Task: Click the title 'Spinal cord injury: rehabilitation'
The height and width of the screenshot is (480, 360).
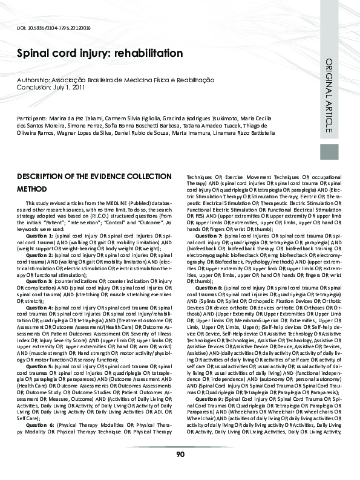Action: pos(100,53)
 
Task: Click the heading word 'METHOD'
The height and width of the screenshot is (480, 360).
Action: pos(33,188)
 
